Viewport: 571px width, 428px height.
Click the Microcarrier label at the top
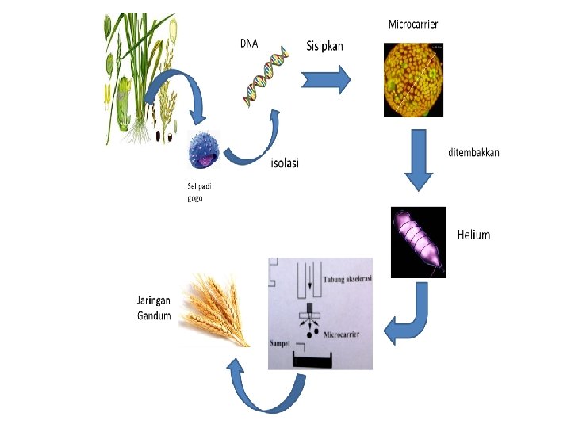pos(412,24)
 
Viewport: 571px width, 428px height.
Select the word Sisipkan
pos(325,46)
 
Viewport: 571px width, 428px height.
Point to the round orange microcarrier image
pos(413,79)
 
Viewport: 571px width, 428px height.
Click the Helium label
pos(473,235)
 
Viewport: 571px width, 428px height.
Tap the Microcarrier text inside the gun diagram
pos(343,335)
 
